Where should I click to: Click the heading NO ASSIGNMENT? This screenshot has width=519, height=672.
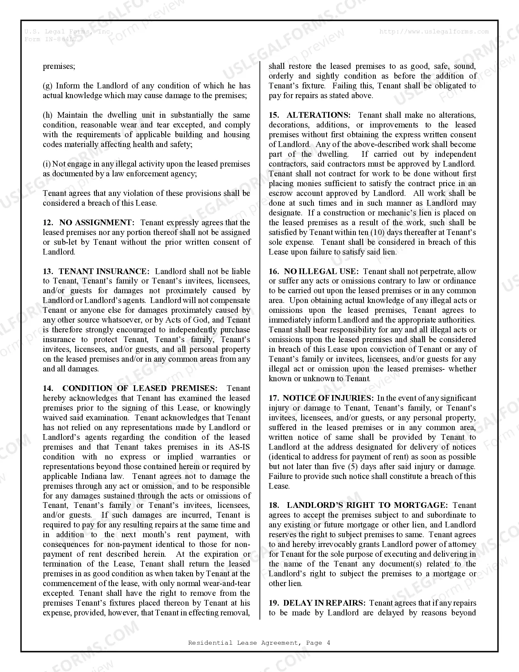(x=96, y=223)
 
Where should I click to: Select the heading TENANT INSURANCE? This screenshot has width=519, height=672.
(x=104, y=272)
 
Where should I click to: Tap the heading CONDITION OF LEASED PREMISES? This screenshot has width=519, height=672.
(x=140, y=389)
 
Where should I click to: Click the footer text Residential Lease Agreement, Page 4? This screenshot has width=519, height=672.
(x=259, y=643)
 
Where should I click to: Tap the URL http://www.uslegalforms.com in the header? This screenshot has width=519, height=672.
(x=434, y=31)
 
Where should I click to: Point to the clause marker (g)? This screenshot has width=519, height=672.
(x=48, y=86)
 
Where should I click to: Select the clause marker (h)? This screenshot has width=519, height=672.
(x=48, y=115)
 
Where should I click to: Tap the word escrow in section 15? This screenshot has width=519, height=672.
(x=280, y=193)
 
